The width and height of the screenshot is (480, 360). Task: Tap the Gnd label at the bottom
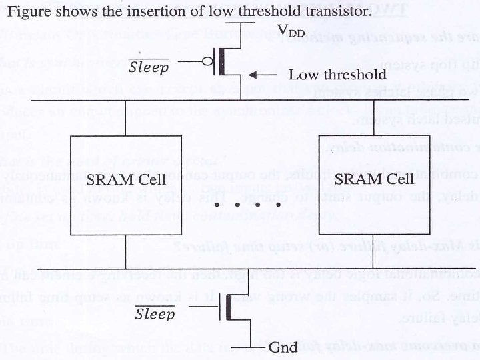(x=282, y=347)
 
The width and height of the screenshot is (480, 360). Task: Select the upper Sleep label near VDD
(x=149, y=67)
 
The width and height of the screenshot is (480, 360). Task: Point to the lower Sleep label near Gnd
(x=155, y=315)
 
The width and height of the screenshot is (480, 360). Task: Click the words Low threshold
(x=337, y=74)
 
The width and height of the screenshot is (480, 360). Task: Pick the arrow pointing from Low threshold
(x=263, y=74)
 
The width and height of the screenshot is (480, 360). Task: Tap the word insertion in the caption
(x=135, y=12)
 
